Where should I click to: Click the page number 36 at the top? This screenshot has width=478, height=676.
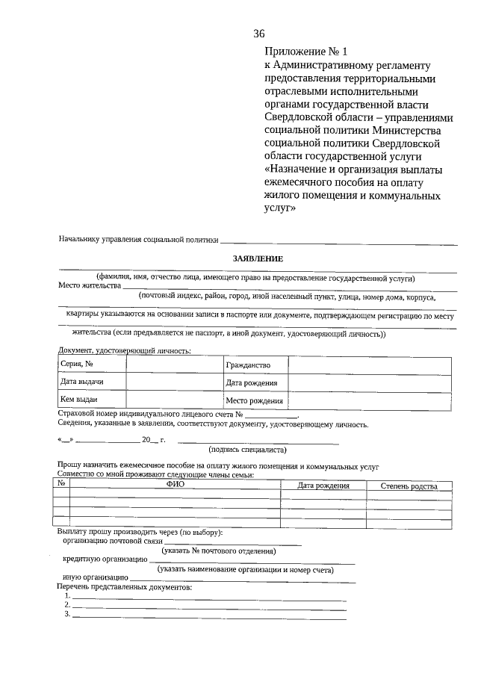[259, 34]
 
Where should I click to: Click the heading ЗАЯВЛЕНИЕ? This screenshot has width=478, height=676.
[258, 258]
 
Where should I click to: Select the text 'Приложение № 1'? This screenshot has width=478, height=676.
[306, 52]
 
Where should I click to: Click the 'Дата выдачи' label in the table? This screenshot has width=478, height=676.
[81, 382]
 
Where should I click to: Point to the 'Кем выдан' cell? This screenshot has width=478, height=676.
[79, 400]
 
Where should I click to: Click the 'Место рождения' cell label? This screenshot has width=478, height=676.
[254, 401]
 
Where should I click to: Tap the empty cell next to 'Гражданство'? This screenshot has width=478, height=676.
[369, 365]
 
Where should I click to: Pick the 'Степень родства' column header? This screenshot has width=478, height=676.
[409, 486]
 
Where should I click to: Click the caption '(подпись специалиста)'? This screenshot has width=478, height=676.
[246, 450]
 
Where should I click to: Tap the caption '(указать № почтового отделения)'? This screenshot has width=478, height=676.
[218, 551]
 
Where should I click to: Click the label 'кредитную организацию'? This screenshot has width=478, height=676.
[105, 559]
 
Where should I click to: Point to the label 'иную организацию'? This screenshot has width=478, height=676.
[96, 577]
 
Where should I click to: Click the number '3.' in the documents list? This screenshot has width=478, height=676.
[67, 615]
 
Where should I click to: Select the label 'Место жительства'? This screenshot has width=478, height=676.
[89, 285]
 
